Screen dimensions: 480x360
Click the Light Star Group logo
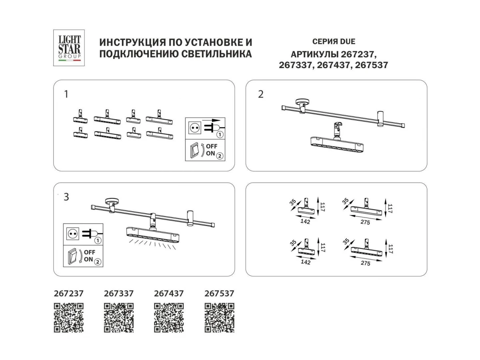(x=69, y=48)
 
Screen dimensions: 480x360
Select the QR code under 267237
(x=69, y=318)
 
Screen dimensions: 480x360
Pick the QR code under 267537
(x=219, y=318)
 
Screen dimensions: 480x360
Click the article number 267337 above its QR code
(x=119, y=294)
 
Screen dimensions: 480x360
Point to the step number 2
(x=261, y=94)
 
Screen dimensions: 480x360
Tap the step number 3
(x=66, y=197)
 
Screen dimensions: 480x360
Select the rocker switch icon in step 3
(x=72, y=256)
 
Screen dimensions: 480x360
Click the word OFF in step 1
(x=212, y=146)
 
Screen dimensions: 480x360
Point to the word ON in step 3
(x=88, y=260)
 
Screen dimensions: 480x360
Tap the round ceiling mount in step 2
(x=303, y=102)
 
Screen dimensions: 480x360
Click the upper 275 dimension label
(x=365, y=222)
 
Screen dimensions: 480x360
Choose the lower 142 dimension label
(x=306, y=262)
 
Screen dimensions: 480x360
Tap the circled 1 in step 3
(x=98, y=241)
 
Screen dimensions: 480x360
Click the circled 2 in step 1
(x=220, y=156)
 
